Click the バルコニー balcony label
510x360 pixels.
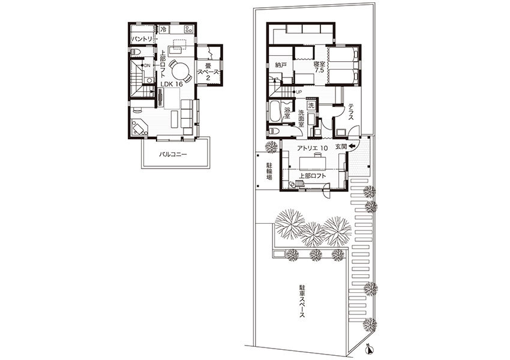(173, 154)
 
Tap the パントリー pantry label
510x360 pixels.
(142, 39)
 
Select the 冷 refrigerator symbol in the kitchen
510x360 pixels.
(164, 29)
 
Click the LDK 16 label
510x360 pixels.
(172, 83)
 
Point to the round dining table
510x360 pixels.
(180, 71)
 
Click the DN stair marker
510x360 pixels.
(147, 65)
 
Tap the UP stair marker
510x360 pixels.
(299, 92)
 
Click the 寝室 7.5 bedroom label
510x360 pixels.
(319, 67)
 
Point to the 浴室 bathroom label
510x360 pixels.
(287, 113)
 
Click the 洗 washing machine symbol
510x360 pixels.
(311, 105)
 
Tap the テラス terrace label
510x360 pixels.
(351, 113)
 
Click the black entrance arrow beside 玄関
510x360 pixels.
(351, 147)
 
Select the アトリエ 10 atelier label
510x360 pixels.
(312, 148)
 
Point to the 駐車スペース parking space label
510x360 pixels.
(302, 301)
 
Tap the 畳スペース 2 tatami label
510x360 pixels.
(208, 71)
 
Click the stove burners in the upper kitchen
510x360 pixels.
(188, 29)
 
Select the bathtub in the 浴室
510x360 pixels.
(274, 112)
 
